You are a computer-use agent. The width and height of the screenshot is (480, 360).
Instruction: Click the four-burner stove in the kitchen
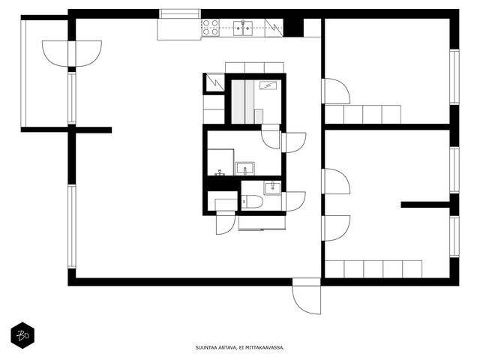pos(211,27)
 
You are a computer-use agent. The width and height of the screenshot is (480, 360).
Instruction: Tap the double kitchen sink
pos(243,28)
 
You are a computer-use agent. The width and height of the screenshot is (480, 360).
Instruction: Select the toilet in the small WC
pos(252,202)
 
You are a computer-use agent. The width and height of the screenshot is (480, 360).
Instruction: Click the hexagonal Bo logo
pos(22,335)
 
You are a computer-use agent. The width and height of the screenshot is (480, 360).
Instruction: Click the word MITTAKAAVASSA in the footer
pos(268,347)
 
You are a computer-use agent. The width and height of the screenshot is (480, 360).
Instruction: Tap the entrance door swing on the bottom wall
pos(307,296)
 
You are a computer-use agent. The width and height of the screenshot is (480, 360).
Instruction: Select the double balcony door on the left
pos(72,53)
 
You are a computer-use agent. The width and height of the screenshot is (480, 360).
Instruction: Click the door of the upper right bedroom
pos(336,91)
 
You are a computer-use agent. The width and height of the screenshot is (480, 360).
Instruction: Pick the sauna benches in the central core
pos(242,102)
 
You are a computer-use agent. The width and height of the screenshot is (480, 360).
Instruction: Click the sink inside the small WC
pos(272,187)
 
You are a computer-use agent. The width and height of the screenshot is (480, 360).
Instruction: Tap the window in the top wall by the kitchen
pos(180,14)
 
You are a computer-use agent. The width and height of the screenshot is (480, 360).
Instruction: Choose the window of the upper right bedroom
pos(454,76)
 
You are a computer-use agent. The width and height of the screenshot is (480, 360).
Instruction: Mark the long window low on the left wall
pos(72,226)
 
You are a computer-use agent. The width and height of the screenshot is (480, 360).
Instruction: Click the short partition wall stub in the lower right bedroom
pos(425,205)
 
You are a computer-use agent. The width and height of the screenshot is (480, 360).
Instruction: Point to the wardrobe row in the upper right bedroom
pos(363,115)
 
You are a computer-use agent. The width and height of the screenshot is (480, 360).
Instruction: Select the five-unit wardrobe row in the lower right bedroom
pos(373,269)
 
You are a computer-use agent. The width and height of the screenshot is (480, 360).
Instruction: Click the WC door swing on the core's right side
pos(294,202)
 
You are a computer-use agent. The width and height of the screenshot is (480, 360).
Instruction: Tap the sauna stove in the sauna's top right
pos(270,85)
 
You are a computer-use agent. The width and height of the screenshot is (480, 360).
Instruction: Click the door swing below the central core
pos(226,224)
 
